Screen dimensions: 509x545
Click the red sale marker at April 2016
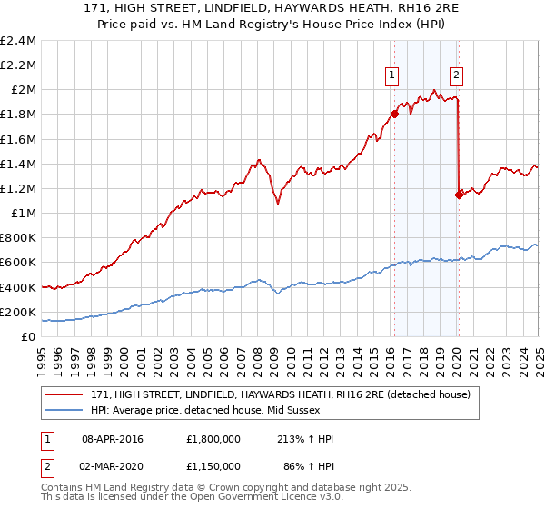click(394, 115)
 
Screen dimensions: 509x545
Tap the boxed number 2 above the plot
click(456, 76)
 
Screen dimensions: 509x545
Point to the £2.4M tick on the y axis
click(19, 41)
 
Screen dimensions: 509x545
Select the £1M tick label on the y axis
click(25, 214)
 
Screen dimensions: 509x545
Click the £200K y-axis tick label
click(19, 312)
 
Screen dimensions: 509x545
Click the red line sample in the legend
click(63, 395)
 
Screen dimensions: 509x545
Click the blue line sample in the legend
click(63, 410)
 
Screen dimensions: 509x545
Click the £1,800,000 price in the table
click(212, 439)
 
